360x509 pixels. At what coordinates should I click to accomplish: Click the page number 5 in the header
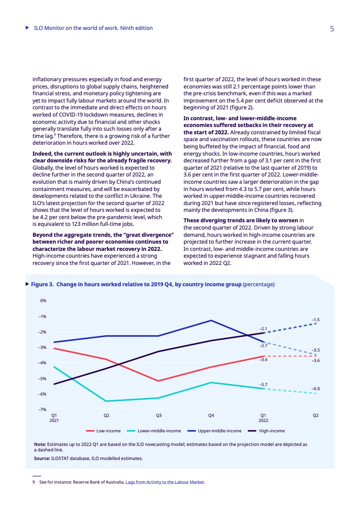pos(332,29)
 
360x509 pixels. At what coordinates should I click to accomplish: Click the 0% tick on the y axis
pos(44,301)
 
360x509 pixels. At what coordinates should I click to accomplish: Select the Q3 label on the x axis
pos(159,416)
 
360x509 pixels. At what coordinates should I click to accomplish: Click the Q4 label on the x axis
pos(211,416)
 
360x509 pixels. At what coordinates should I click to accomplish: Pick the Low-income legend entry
pos(107,431)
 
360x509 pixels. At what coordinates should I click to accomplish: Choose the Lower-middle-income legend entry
pos(159,431)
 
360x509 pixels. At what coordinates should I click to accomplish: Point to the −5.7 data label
pos(263,385)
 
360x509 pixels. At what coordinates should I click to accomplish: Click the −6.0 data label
pos(316,389)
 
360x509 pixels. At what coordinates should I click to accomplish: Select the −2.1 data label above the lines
pos(263,328)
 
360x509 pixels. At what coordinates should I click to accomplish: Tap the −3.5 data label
pos(316,350)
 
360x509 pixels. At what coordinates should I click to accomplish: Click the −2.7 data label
pos(263,346)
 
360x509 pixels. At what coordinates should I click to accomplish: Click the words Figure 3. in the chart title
pos(43,284)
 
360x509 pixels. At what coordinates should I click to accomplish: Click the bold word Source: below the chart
pos(42,458)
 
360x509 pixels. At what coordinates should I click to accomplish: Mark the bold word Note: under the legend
pos(40,444)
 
